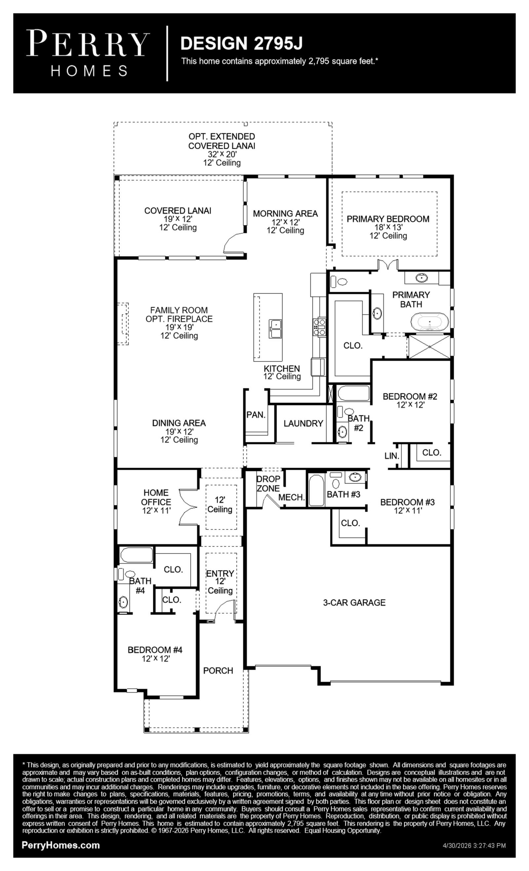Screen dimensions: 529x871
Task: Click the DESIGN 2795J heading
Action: (241, 43)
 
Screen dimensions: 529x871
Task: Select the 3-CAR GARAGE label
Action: (354, 602)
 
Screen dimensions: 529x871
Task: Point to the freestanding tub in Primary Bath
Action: (429, 321)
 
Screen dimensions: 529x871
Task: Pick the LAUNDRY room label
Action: (303, 423)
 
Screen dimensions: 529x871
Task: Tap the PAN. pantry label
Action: (256, 415)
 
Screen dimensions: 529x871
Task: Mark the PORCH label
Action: (218, 671)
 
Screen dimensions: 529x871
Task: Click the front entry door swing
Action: (225, 611)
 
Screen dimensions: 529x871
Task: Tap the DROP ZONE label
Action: (268, 484)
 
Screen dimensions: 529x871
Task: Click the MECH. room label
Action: (291, 497)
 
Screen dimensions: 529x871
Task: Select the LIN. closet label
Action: (392, 455)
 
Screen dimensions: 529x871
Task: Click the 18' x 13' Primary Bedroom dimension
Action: (388, 227)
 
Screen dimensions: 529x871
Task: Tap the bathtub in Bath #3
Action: (316, 490)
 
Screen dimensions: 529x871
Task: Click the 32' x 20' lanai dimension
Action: (222, 154)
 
